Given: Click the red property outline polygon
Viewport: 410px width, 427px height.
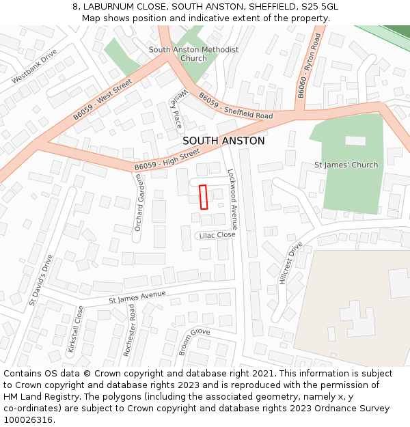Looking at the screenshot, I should pos(203,197).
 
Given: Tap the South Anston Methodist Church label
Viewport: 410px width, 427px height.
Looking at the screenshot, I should pos(194,54).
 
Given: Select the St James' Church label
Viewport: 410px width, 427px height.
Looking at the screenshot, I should pos(346,165).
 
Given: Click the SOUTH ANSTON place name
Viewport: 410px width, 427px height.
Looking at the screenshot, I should pos(223,141).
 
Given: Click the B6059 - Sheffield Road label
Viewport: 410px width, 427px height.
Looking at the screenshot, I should pos(236,107).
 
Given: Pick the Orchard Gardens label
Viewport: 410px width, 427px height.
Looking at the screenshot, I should pos(138,202).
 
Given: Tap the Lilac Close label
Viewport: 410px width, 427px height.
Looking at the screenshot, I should pos(217,235).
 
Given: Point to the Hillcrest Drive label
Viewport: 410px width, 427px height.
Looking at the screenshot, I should pos(290,262).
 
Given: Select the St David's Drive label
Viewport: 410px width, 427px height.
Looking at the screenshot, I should pos(40,279).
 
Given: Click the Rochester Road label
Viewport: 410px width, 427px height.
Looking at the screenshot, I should pos(129,330).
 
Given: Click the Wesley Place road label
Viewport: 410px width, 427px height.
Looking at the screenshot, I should pos(177,110).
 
